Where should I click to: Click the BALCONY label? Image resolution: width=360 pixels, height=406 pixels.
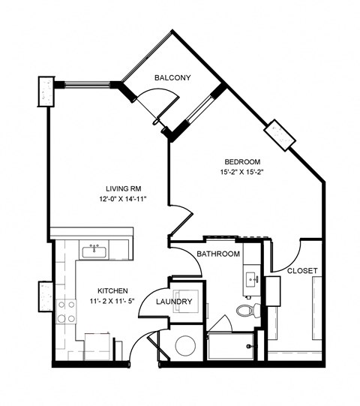click(172, 78)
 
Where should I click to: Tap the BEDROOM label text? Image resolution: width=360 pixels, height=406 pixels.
click(242, 162)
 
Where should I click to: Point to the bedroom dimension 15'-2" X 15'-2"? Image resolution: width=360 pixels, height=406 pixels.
click(242, 173)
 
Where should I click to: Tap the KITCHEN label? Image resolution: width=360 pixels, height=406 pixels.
click(112, 291)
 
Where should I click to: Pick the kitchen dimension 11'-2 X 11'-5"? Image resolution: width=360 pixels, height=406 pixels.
click(112, 301)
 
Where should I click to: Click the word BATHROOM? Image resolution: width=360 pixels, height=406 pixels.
click(218, 254)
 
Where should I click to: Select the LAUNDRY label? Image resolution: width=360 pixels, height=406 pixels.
click(175, 302)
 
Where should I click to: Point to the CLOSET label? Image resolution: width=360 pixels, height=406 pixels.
click(302, 270)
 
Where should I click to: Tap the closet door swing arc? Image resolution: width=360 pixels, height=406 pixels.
click(289, 251)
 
